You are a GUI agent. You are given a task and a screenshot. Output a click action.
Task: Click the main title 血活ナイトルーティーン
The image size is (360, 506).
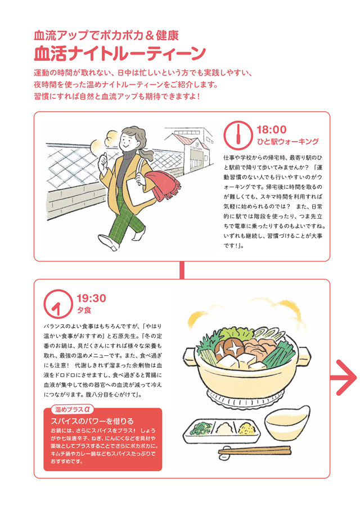point(119,53)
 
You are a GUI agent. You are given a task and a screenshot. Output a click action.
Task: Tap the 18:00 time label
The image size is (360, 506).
point(272,129)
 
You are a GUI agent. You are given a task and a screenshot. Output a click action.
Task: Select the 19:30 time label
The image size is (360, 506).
point(91,298)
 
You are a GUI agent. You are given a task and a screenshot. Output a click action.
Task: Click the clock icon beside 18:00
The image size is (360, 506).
point(238,135)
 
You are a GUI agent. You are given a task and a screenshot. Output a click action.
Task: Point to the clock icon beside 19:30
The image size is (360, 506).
point(58,304)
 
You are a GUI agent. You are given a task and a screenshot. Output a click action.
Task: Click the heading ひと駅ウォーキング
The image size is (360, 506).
point(287,142)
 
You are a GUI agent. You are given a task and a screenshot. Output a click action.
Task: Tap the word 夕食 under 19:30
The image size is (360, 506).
point(84,310)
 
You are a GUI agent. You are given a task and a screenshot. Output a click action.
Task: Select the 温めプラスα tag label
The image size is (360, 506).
point(73,409)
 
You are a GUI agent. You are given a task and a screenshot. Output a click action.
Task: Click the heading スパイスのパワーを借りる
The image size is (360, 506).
point(92,421)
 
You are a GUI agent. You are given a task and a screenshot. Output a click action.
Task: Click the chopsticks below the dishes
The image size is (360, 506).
point(254,450)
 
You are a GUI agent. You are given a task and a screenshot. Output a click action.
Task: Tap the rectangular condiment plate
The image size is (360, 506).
point(223,431)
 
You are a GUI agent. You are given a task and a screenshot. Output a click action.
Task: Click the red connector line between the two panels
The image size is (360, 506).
point(182,270)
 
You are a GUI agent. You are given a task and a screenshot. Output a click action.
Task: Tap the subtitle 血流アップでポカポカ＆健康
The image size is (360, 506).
point(106,35)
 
